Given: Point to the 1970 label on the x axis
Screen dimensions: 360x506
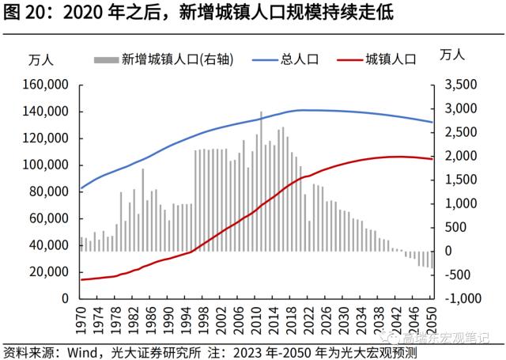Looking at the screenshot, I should tap(81, 316).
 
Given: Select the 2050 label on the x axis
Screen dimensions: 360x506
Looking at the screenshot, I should tap(430, 316).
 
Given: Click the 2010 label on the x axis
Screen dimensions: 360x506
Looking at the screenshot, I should tap(255, 316).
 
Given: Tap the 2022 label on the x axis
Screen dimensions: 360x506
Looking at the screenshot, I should tap(308, 316).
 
